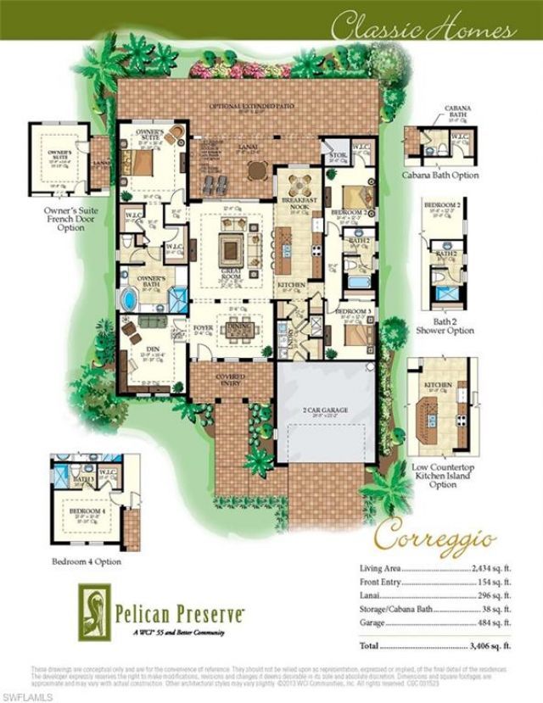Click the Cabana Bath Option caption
440,176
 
